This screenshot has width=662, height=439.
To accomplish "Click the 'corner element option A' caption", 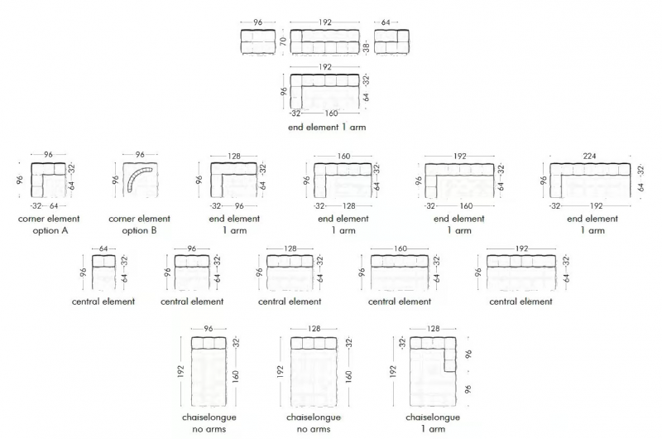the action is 49,224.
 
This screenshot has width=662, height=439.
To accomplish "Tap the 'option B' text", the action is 139,231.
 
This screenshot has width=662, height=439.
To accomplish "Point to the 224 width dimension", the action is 589,156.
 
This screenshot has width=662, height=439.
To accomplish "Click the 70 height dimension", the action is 283,41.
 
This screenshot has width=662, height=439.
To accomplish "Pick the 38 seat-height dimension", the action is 366,47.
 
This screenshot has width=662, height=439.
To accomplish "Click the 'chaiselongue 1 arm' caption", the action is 433,423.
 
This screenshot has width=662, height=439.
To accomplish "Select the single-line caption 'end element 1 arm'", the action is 327,128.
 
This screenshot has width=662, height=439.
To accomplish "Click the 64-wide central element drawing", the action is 103,273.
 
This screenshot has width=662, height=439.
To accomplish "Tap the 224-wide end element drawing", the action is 590,181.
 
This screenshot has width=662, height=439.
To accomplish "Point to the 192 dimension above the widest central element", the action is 522,248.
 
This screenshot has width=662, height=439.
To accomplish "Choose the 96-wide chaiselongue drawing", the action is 209,371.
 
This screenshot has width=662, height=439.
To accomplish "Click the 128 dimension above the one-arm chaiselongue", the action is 433,328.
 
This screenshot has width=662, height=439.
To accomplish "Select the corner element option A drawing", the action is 49,180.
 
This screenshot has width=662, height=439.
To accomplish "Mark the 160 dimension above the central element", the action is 401,248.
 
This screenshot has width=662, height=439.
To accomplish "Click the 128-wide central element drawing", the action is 290,273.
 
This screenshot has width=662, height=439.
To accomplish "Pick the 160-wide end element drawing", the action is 343,181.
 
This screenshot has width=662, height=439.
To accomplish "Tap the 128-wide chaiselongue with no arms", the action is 314,371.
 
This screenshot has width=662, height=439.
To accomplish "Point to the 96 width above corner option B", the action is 140,155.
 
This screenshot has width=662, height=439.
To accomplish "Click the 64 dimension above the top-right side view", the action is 386,22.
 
